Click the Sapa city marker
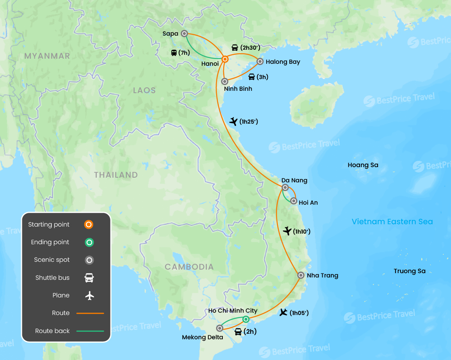click(184, 34)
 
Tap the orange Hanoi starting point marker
click(225, 59)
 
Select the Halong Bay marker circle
click(260, 61)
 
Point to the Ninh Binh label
click(238, 89)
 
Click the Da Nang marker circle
click(285, 187)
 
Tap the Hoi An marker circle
click(294, 201)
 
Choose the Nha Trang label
click(322, 275)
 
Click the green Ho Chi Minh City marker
click(245, 319)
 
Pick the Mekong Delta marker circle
click(220, 328)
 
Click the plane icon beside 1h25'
click(234, 122)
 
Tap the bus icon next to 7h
click(174, 53)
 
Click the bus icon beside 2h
click(238, 332)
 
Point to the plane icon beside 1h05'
click(283, 312)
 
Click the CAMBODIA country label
click(189, 267)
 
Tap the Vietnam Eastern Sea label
click(392, 222)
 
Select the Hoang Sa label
click(363, 165)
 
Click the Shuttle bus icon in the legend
click(90, 278)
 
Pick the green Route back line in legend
click(90, 331)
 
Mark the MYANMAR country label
click(47, 56)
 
